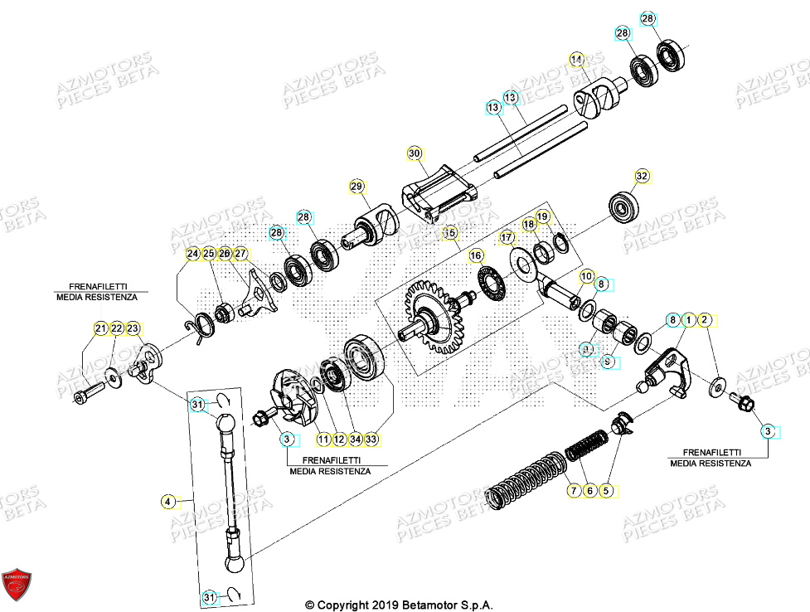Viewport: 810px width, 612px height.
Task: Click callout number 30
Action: (x=415, y=153)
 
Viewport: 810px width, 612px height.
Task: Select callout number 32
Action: (x=641, y=176)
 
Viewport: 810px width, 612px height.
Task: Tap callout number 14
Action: (x=577, y=59)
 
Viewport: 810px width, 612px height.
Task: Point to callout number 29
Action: (x=356, y=187)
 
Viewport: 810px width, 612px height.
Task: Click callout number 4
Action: (x=168, y=501)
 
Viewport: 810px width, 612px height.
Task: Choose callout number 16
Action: (x=476, y=257)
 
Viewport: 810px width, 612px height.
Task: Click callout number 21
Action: (x=100, y=328)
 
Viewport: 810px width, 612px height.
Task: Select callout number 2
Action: (x=705, y=319)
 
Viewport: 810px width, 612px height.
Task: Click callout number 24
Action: (x=192, y=253)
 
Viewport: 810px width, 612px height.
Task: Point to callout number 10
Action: (x=586, y=274)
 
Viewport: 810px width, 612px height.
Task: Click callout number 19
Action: (x=542, y=217)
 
